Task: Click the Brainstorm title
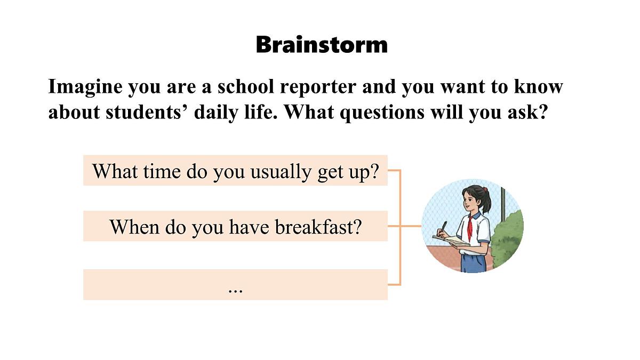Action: click(x=322, y=44)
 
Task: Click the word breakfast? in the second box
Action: click(x=318, y=227)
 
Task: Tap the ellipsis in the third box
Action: click(x=235, y=290)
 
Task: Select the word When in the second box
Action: click(x=134, y=227)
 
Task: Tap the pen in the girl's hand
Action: click(x=443, y=226)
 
